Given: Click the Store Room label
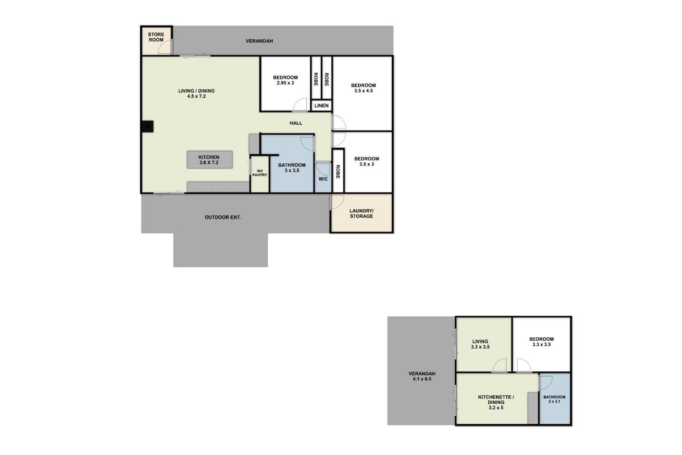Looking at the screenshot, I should tap(156, 38).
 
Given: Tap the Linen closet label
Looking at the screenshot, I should tap(321, 106).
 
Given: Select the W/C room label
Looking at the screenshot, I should tap(323, 179).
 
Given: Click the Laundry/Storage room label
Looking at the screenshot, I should tap(361, 213).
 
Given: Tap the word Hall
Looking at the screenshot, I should tap(296, 123).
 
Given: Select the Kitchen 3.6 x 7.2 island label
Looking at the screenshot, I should tap(210, 160).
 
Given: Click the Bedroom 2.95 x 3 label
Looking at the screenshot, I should tap(285, 80).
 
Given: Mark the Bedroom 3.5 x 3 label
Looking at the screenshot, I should tap(366, 162).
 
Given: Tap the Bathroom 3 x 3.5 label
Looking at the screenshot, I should tap(292, 168).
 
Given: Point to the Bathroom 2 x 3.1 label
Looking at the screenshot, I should tap(554, 399).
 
